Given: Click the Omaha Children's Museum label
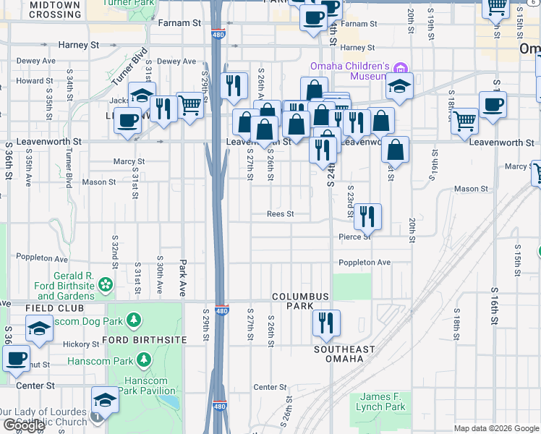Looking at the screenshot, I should (x=350, y=71).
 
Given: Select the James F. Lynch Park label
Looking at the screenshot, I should (x=383, y=401).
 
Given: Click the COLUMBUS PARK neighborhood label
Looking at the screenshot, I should (x=300, y=301).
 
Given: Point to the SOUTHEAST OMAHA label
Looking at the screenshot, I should (x=344, y=354).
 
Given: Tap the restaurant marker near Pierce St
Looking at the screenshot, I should (x=367, y=216).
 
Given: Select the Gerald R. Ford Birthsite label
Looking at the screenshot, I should (x=66, y=286).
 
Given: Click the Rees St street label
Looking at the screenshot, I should (x=280, y=214).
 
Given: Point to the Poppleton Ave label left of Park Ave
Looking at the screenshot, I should (x=43, y=258).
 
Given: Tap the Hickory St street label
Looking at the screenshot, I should (x=80, y=344).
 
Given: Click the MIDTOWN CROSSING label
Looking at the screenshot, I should (x=55, y=9).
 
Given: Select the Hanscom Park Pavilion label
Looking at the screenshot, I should (x=145, y=386).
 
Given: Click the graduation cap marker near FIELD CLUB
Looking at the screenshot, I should (x=39, y=329).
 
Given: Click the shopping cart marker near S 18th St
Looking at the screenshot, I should (x=464, y=121).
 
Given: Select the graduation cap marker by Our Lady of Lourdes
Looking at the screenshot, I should (x=105, y=400).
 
